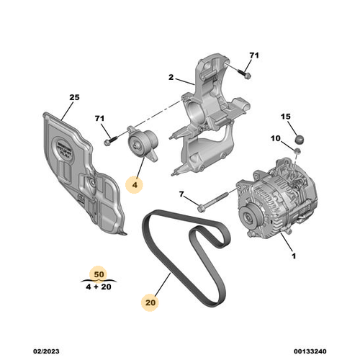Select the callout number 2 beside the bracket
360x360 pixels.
pos(172,78)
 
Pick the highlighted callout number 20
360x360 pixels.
pos(149,303)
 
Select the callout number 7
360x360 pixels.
pos(182,194)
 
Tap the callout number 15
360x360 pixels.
pos(285,117)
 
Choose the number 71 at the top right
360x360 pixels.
pos(253,55)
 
